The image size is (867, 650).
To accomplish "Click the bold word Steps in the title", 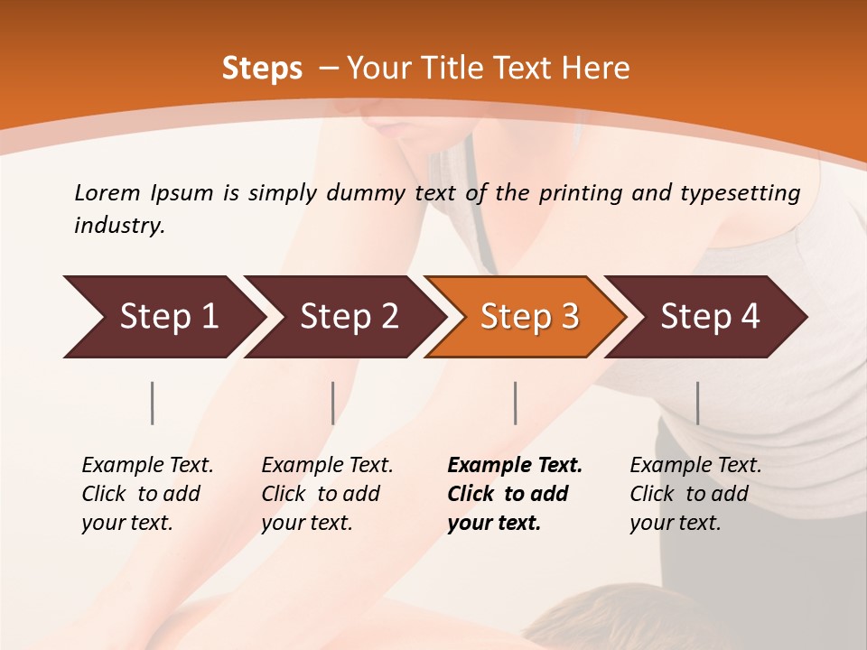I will (x=262, y=69).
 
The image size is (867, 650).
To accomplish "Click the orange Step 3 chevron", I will (x=524, y=317).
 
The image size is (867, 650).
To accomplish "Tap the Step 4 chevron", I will (x=704, y=317).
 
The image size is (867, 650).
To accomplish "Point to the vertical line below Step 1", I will (x=153, y=403).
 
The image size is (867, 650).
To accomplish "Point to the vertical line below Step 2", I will (x=333, y=403).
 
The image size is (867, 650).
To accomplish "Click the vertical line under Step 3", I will (x=516, y=403).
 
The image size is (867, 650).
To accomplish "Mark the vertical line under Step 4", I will (x=697, y=403).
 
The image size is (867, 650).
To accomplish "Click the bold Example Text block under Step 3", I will (x=513, y=494).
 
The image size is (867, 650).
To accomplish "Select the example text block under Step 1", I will (x=146, y=494).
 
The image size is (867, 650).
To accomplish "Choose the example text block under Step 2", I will (x=326, y=494).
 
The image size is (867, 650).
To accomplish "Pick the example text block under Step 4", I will (x=695, y=494).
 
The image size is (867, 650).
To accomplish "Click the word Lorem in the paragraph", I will (x=107, y=193).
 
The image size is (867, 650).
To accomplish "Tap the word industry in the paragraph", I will (x=118, y=226).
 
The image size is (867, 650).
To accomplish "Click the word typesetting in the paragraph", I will (x=740, y=193).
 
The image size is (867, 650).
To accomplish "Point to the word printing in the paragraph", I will (x=578, y=193).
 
